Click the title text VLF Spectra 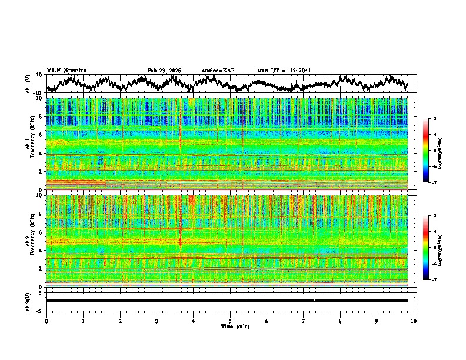coord(66,71)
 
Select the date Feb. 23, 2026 coord(164,71)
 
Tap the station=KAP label coord(218,71)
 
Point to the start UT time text coord(284,71)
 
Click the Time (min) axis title coord(235,326)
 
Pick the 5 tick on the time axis coord(230,321)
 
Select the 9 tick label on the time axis coord(377,321)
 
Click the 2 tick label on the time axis coord(120,321)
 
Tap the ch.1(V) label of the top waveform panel coord(28,84)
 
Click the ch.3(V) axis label coord(28,300)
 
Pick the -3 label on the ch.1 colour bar coord(434,119)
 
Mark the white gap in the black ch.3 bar coord(315,300)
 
